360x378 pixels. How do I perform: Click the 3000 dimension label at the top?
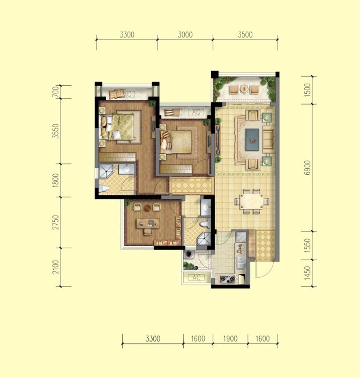(x=185, y=35)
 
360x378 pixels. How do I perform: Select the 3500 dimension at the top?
(x=245, y=35)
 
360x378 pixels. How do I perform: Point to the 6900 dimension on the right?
(x=307, y=168)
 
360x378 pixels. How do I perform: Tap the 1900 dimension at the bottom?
(x=230, y=339)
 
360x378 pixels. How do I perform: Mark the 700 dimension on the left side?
(x=55, y=92)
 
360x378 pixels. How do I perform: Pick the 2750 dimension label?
(x=55, y=222)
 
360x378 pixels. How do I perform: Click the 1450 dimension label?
(x=307, y=273)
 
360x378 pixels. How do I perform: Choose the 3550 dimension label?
(x=55, y=131)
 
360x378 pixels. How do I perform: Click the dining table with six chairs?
(x=252, y=201)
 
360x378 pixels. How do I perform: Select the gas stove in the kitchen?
(x=227, y=279)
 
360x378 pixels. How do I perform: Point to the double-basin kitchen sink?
(x=240, y=262)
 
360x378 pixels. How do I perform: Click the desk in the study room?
(x=148, y=223)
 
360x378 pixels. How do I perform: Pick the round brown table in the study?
(x=147, y=208)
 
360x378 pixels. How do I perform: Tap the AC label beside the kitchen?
(x=196, y=278)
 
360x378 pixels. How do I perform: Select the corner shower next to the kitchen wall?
(x=204, y=239)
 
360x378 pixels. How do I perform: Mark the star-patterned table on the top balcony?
(x=244, y=89)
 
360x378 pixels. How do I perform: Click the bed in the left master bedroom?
(x=117, y=127)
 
